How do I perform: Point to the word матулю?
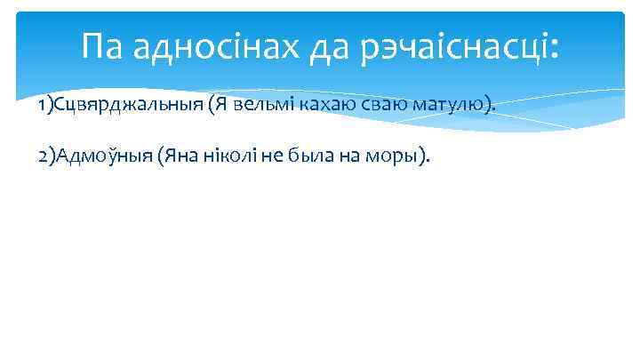[x=448, y=106]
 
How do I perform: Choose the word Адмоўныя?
[x=103, y=157]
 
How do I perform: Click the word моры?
[x=396, y=157]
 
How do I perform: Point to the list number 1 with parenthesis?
[x=46, y=106]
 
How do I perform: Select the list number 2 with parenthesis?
[x=46, y=157]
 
